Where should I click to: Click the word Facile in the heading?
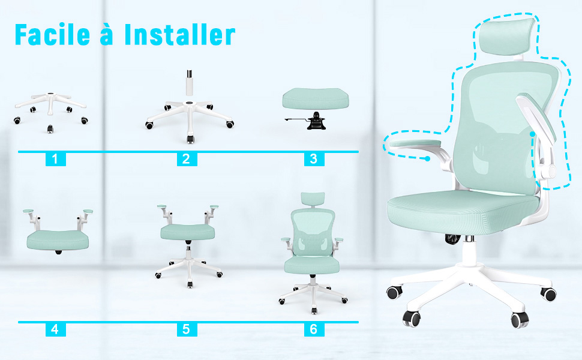tap(52, 35)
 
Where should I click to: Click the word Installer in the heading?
tap(180, 35)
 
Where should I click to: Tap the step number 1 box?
tap(55, 159)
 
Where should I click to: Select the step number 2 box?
tap(187, 159)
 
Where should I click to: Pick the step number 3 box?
tap(314, 159)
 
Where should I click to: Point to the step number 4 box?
tap(55, 329)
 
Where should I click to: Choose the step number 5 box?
tap(187, 329)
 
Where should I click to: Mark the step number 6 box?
tap(314, 329)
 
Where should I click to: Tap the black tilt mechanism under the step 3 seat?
tap(316, 121)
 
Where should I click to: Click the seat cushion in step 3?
tap(316, 98)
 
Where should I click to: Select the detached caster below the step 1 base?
tap(50, 129)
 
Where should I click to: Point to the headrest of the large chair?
tap(507, 37)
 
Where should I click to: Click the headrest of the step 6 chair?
tap(313, 199)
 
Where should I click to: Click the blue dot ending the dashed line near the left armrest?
tap(428, 158)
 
